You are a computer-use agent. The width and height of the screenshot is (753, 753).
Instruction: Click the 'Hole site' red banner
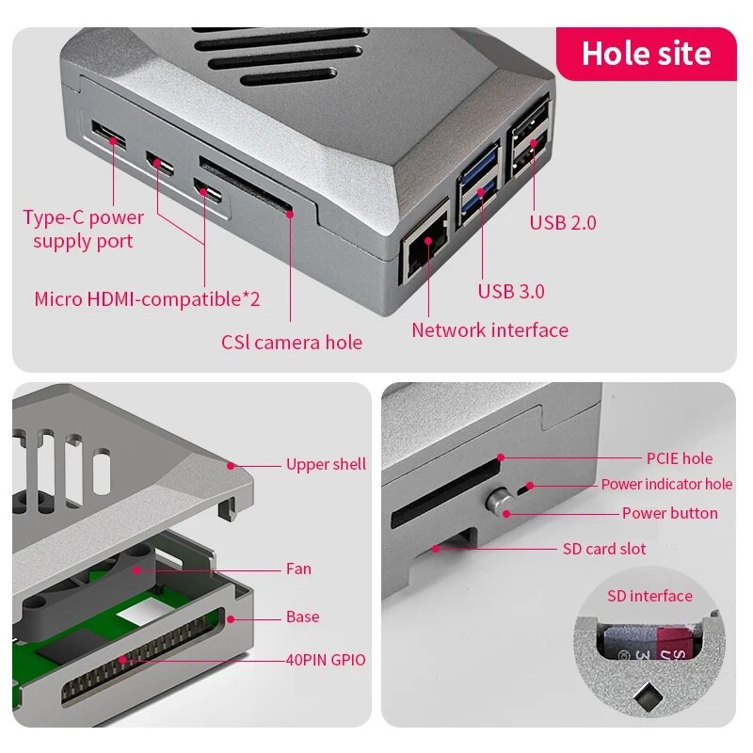tap(646, 53)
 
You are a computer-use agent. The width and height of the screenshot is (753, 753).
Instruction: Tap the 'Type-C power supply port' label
tap(83, 229)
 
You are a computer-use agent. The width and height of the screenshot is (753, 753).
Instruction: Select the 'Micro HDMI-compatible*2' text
tap(147, 299)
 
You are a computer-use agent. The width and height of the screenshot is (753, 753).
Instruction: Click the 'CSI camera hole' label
tap(292, 343)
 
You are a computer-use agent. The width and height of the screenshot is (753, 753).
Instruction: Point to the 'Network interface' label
tap(489, 330)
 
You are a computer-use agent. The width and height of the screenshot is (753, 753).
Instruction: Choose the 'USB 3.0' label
tap(511, 292)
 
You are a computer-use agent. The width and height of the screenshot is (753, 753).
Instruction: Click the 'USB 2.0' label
tap(562, 223)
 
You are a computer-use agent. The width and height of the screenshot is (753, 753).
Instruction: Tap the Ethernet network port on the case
tap(425, 249)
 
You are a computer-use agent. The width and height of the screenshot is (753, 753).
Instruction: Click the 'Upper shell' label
tap(326, 464)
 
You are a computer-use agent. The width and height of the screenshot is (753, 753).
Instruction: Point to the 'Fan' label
tap(298, 569)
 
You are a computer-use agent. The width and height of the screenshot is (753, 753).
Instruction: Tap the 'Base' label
tap(302, 617)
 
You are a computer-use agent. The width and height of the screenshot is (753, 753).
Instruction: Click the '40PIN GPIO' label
tap(326, 660)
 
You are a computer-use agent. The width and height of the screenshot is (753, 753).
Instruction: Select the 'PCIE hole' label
tap(679, 458)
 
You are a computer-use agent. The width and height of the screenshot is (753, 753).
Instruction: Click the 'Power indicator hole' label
tap(666, 485)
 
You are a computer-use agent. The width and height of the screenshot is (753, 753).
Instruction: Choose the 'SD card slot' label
tap(604, 549)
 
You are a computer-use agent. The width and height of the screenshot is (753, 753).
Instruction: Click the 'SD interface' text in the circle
tap(649, 596)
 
